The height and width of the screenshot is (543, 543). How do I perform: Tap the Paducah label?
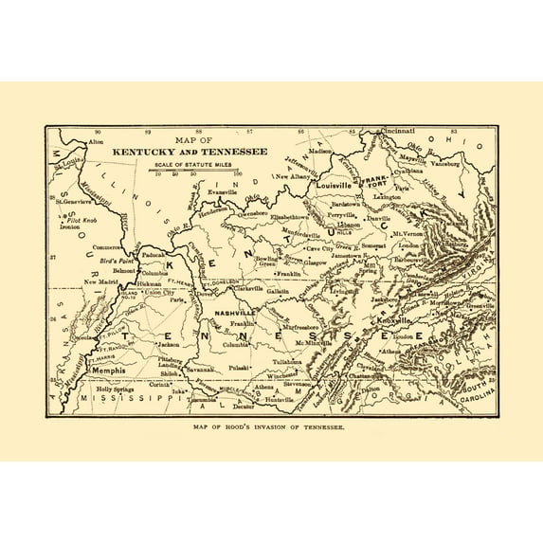(x=153, y=255)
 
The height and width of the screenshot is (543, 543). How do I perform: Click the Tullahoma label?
(x=285, y=362)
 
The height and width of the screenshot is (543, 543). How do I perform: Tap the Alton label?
(x=96, y=141)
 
